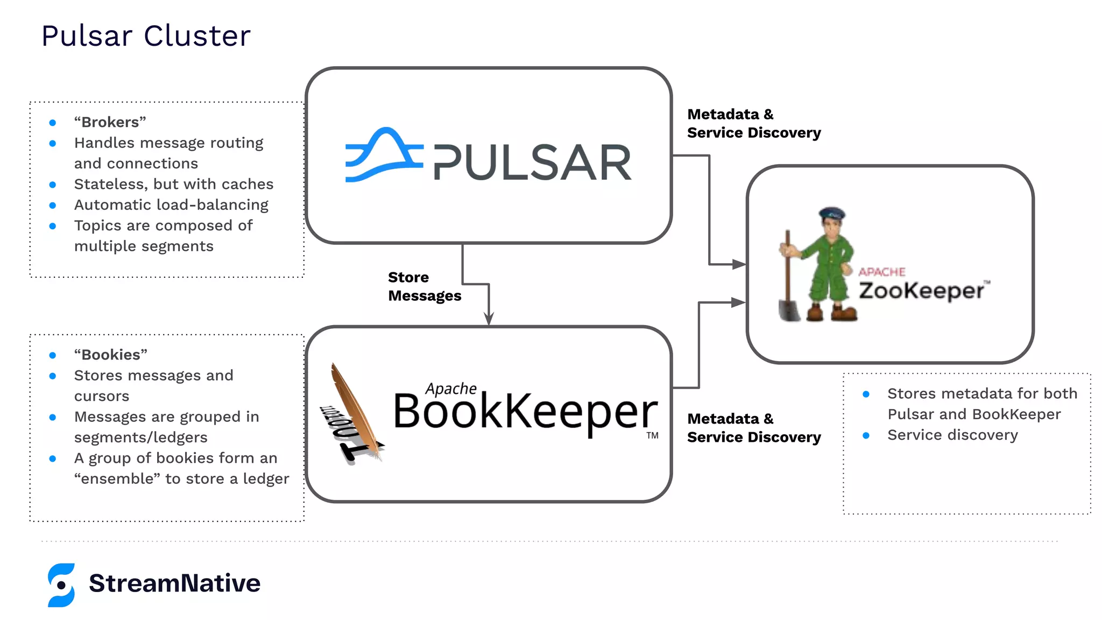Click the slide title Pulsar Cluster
146,36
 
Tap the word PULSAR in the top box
532,163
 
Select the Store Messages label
424,286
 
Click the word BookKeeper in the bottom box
525,412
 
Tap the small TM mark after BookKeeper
652,435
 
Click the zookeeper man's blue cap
831,213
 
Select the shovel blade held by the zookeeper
789,311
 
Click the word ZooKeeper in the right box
921,291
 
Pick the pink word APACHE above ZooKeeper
881,272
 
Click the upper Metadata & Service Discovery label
753,123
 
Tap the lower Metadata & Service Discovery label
753,428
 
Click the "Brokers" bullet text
110,122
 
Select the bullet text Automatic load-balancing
171,205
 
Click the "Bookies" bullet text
111,355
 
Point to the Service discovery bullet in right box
952,435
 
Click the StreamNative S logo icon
61,585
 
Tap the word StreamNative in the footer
174,583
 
